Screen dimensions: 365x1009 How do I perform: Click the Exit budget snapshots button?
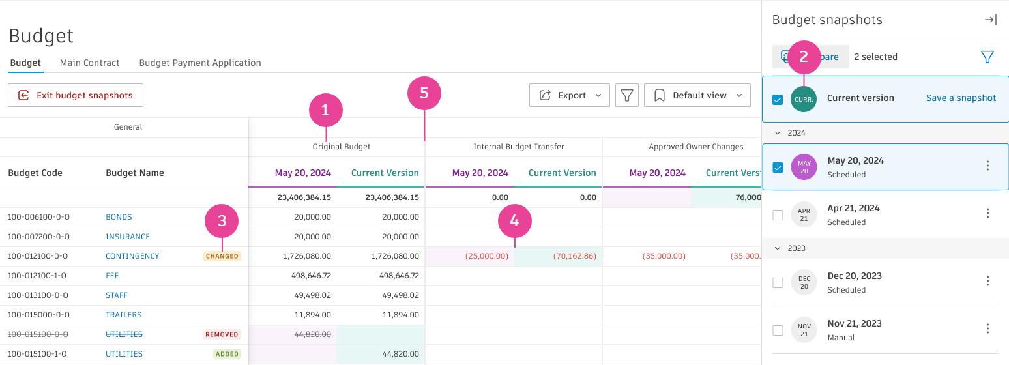pyautogui.click(x=76, y=95)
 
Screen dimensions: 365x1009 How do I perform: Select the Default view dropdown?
pyautogui.click(x=697, y=95)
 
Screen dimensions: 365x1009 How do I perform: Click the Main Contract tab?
pyautogui.click(x=90, y=63)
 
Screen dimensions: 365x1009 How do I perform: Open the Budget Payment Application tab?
pyautogui.click(x=200, y=63)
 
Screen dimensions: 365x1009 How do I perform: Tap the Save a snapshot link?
pyautogui.click(x=961, y=98)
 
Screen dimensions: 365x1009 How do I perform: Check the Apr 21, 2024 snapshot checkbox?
pyautogui.click(x=778, y=215)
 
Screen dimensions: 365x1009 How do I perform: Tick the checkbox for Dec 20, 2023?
pyautogui.click(x=778, y=283)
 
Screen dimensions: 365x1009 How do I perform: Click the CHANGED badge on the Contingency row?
pyautogui.click(x=222, y=256)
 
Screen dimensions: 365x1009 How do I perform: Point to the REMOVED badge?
pyautogui.click(x=222, y=334)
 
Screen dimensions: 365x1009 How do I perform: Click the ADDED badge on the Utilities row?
pyautogui.click(x=227, y=354)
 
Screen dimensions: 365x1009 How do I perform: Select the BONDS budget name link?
pyautogui.click(x=119, y=217)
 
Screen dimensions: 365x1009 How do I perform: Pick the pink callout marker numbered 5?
pyautogui.click(x=424, y=93)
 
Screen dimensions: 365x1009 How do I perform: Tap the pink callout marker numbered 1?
pyautogui.click(x=326, y=111)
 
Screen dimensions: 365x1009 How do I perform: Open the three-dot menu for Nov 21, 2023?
pyautogui.click(x=987, y=328)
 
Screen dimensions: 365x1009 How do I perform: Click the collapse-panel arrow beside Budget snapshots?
pyautogui.click(x=990, y=20)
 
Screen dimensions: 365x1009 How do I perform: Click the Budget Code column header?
pyautogui.click(x=35, y=173)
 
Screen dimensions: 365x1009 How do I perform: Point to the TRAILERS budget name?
pyautogui.click(x=123, y=315)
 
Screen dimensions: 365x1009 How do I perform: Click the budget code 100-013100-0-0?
pyautogui.click(x=38, y=295)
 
